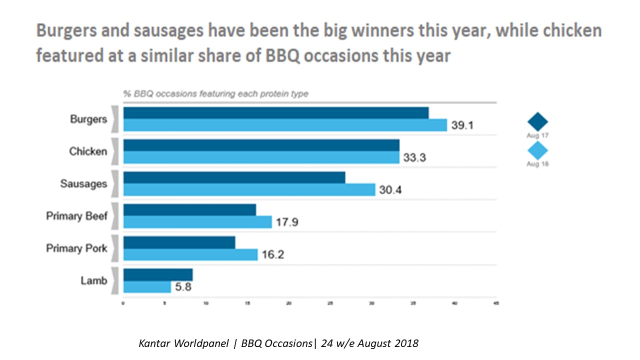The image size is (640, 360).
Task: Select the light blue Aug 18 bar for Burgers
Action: pos(285,125)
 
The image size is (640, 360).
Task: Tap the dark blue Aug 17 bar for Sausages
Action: pos(234,177)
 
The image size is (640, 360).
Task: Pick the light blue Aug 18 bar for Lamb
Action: pos(147,287)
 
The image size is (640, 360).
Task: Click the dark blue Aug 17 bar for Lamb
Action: pos(158,275)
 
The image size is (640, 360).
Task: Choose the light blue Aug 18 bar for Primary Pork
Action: pos(190,254)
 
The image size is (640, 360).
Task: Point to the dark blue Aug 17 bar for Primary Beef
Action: pos(189,209)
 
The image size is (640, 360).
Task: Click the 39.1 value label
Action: pos(462,125)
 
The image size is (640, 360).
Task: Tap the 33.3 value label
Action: pos(414,158)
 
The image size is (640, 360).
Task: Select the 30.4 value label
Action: pos(390,190)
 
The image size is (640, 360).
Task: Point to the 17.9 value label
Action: pos(287,222)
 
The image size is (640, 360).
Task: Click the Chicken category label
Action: pos(88,151)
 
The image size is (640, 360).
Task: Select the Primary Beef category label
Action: pos(76,216)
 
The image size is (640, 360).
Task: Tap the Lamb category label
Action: pos(94,280)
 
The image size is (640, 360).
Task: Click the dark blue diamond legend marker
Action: pos(538,122)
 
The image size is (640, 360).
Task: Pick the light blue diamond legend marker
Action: pos(538,151)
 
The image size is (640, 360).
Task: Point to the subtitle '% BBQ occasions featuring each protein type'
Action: pos(216,94)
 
